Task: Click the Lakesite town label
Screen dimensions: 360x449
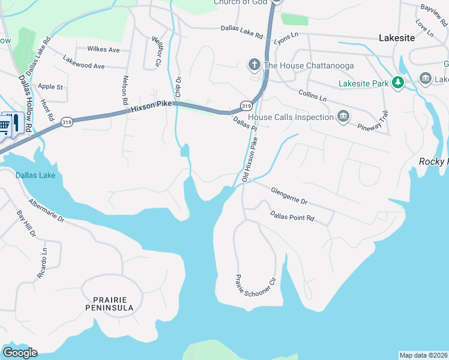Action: (397, 37)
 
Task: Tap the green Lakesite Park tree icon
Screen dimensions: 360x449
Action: (397, 83)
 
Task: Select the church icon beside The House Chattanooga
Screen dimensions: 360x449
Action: (254, 65)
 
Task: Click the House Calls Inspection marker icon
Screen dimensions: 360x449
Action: (343, 116)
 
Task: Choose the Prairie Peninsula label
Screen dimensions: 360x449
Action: (113, 303)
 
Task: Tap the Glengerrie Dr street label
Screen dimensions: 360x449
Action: (289, 195)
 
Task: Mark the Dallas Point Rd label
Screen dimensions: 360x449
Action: (292, 216)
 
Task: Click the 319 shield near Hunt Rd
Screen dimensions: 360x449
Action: (67, 122)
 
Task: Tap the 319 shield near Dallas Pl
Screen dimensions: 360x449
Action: (246, 106)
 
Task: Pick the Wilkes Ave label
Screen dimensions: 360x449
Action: (103, 49)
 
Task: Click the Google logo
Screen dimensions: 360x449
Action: (20, 353)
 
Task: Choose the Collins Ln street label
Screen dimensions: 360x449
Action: (312, 95)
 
